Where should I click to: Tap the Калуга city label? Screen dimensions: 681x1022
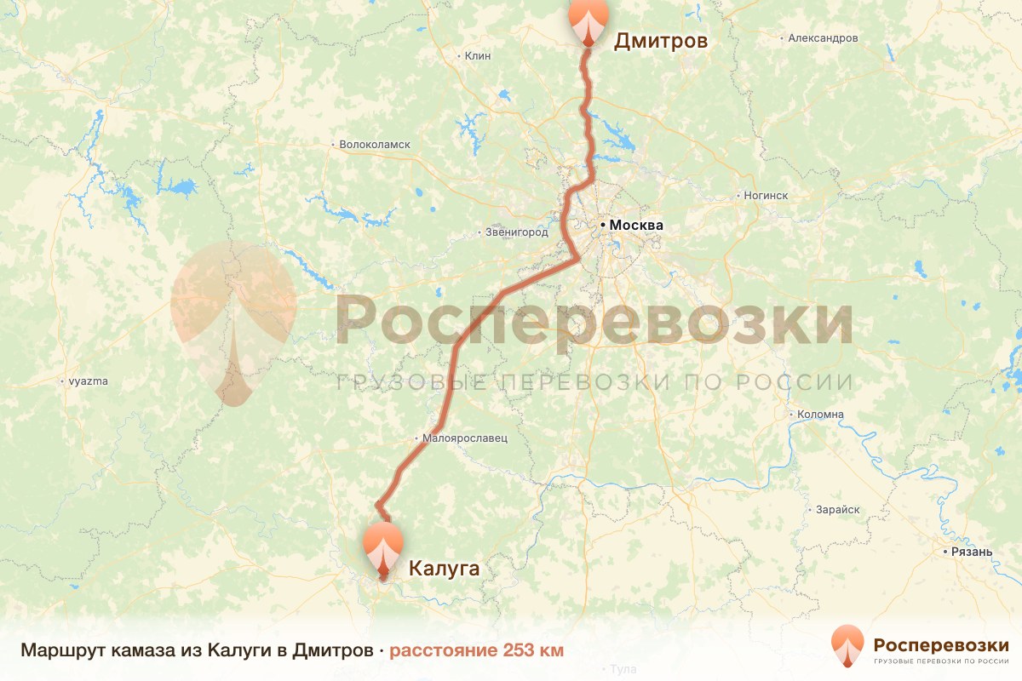point(445,568)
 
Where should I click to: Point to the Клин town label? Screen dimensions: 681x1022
point(479,55)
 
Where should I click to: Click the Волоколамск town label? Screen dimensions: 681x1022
point(375,145)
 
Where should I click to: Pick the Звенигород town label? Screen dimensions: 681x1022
point(516,232)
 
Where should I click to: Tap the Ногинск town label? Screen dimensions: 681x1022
point(766,195)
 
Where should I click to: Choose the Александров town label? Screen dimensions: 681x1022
point(823,38)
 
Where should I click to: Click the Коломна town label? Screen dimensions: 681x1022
point(820,415)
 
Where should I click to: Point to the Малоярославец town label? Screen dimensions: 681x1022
point(465,438)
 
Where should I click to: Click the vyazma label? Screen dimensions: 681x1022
point(89,381)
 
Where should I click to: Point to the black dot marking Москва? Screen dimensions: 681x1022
point(603,225)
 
